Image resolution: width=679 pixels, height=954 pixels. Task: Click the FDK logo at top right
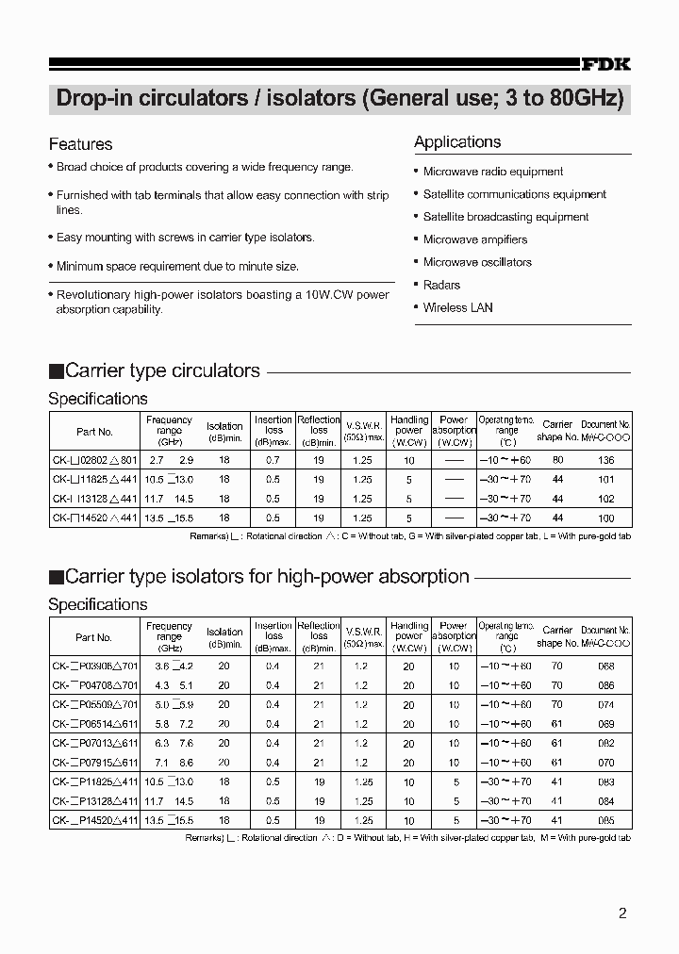click(x=604, y=64)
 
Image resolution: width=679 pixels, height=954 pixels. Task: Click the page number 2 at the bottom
click(x=622, y=913)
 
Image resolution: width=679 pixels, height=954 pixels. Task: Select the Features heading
click(x=80, y=144)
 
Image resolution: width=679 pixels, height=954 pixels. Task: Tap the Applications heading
click(x=457, y=142)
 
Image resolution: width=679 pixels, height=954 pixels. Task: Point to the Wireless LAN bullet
click(x=457, y=307)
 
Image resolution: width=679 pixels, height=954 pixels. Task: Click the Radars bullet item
click(x=441, y=285)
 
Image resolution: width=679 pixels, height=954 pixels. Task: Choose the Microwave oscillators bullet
click(x=477, y=262)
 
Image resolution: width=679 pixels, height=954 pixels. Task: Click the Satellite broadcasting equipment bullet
click(x=505, y=217)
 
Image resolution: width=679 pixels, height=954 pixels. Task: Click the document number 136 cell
click(x=605, y=460)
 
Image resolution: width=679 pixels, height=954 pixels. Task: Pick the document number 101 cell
click(x=605, y=480)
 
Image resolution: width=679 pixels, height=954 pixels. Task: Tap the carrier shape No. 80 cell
click(x=557, y=460)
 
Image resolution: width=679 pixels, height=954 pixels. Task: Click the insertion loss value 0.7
click(x=273, y=460)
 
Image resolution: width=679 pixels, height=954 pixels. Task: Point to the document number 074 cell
click(x=605, y=704)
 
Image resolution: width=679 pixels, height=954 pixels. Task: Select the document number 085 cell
click(x=605, y=820)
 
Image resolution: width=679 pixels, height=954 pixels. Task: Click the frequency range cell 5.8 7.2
click(x=170, y=724)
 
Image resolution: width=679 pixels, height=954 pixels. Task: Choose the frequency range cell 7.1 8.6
click(x=170, y=763)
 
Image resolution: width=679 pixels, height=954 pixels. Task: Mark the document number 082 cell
click(x=605, y=743)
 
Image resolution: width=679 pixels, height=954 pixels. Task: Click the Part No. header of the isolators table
click(x=93, y=637)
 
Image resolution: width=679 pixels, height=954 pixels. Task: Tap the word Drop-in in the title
click(x=94, y=99)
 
